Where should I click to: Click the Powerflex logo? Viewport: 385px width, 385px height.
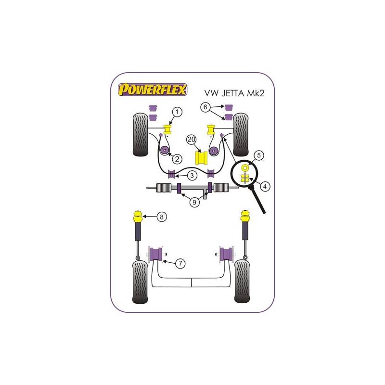[153, 90]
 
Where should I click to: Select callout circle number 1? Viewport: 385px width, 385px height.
[177, 112]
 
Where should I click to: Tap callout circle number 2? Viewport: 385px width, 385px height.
[177, 159]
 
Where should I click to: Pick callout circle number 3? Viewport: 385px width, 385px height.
[192, 176]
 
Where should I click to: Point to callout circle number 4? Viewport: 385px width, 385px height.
[265, 187]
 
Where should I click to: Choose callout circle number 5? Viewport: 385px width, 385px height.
[258, 155]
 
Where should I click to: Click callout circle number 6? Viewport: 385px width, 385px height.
[205, 107]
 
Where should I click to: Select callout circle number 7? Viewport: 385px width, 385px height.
[180, 263]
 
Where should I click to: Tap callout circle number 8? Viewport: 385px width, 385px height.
[162, 217]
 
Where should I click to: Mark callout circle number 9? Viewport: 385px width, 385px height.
[194, 202]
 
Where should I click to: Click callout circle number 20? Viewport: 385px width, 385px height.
[192, 140]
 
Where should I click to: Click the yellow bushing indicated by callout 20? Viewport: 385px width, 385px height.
[201, 158]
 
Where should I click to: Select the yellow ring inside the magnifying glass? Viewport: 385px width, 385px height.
[245, 167]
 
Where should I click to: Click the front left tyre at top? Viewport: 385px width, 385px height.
[141, 135]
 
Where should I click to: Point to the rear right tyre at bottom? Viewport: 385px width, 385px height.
[242, 282]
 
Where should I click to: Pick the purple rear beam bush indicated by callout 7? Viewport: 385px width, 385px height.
[156, 254]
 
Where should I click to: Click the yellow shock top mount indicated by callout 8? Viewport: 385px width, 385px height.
[138, 216]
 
